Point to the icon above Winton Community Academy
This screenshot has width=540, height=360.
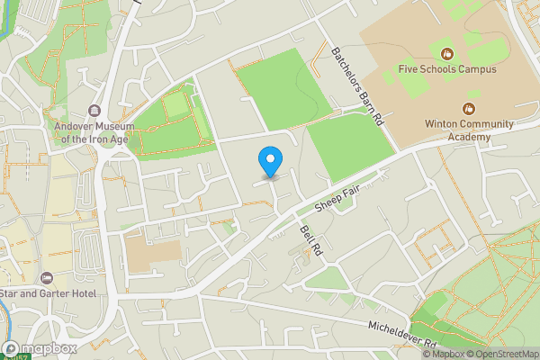point(467,108)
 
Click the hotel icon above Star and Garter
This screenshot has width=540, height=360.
point(47,278)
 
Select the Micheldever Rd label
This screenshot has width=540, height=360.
point(402,332)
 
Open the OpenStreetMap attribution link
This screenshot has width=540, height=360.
point(499,354)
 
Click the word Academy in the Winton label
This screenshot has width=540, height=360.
point(470,137)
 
